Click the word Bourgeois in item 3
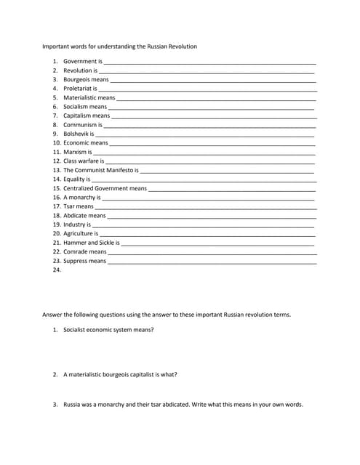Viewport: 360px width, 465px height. [76, 79]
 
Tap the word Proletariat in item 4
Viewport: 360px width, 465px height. [77, 89]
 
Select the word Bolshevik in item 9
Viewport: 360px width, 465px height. [76, 134]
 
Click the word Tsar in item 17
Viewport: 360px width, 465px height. [69, 206]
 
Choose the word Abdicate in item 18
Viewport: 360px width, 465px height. [75, 215]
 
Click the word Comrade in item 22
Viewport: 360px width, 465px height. [75, 251]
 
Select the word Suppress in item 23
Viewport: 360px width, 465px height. [75, 261]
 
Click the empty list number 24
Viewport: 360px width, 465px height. [57, 270]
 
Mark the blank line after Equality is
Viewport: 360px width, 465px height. [203, 180]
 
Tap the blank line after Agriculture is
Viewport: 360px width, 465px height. [207, 235]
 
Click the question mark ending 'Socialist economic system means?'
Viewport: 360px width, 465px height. [152, 330]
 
